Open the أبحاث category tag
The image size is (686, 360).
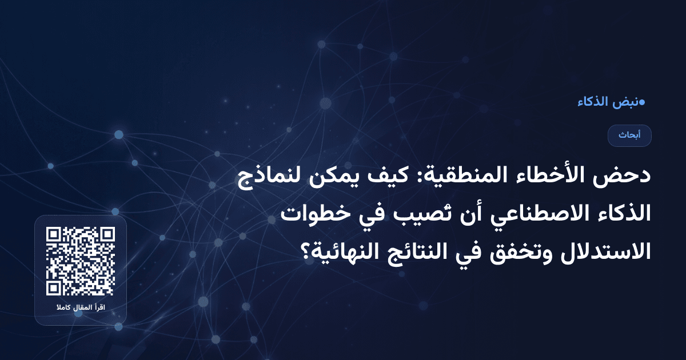(629, 135)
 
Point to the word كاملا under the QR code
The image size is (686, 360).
(61, 309)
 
